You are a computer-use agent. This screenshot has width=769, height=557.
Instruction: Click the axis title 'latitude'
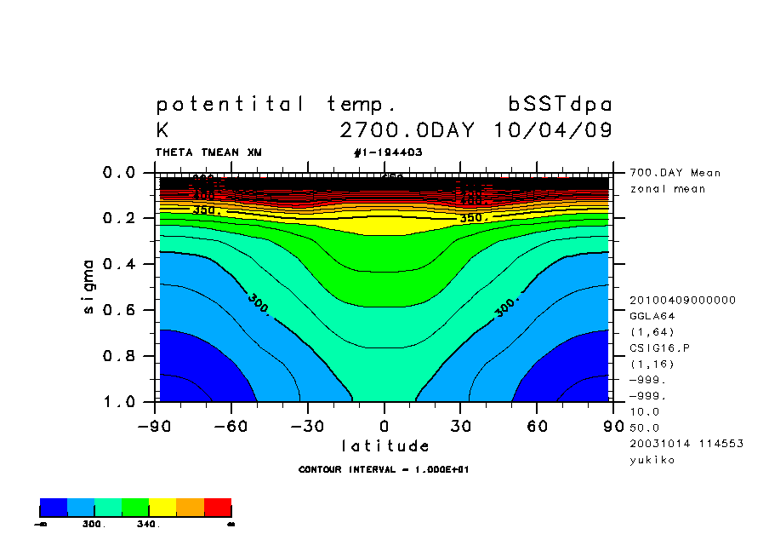pos(384,446)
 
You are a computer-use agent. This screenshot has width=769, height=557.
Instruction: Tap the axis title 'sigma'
pos(90,287)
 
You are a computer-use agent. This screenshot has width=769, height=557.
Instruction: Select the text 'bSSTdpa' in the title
pos(560,105)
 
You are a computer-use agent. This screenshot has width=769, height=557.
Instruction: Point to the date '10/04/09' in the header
pos(553,131)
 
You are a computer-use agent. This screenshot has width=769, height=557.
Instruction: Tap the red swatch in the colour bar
pos(218,508)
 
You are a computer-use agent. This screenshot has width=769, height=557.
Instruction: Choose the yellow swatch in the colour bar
pos(162,508)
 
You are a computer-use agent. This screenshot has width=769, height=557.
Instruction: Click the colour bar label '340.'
pos(147,525)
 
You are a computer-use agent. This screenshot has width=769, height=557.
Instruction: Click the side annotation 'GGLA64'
pos(652,316)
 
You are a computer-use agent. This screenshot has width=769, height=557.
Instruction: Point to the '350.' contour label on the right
pos(473,218)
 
